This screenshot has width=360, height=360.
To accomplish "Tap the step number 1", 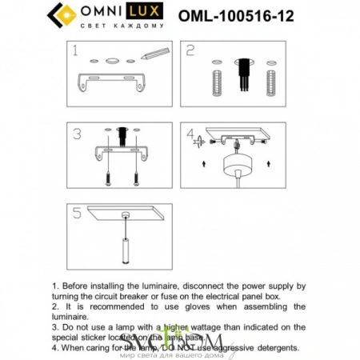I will pos(74,52).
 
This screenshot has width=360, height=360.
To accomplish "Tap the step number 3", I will pos(77,134).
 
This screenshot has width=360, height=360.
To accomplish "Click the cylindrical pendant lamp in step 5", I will pos(125,249).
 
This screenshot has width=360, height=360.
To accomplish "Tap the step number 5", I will pos(77,214).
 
